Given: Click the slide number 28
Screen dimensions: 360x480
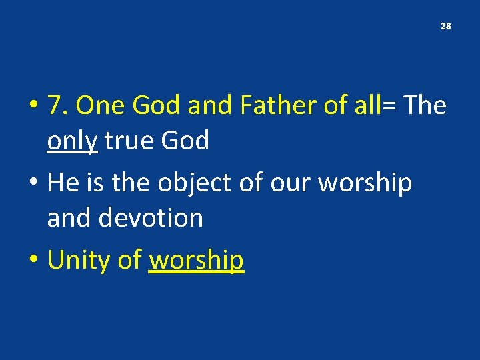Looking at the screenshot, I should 446,27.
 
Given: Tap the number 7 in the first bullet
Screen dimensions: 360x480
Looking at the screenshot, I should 55,105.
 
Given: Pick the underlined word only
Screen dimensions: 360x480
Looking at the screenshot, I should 73,141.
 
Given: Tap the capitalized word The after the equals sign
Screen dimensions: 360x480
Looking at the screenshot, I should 425,105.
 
